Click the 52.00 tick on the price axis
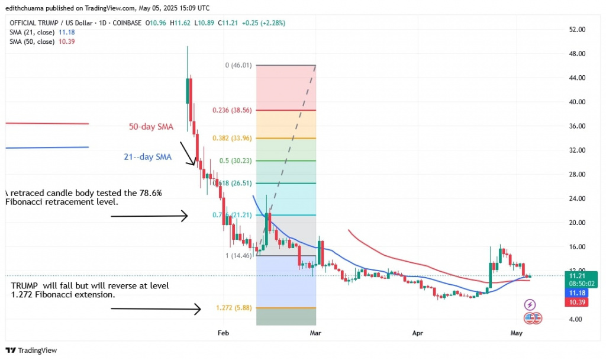[x=576, y=30]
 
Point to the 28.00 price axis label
[x=576, y=174]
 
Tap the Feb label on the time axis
[x=223, y=333]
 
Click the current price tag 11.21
[x=576, y=276]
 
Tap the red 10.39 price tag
[x=576, y=303]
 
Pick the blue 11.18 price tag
[x=576, y=293]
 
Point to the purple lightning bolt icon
[x=530, y=305]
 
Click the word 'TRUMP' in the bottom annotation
[x=25, y=285]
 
